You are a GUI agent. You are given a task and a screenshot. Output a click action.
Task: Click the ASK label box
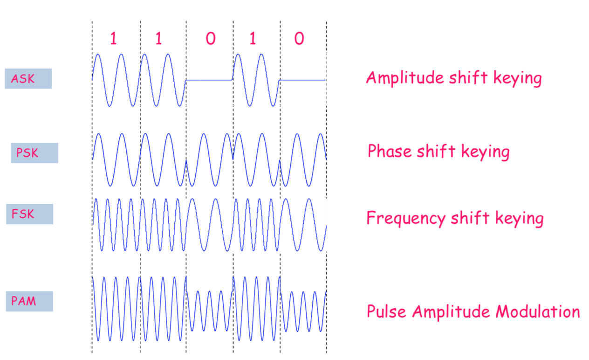coord(28,78)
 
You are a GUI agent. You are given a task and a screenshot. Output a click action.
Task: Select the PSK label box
coord(34,152)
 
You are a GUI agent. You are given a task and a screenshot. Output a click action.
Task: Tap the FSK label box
coord(29,214)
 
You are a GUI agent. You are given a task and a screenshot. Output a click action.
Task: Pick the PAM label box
coord(29,301)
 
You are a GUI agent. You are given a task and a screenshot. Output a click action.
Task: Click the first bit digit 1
coord(113,39)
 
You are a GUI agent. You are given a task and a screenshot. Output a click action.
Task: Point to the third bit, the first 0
coord(210,39)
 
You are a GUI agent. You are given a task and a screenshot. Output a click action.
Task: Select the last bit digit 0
coord(299,39)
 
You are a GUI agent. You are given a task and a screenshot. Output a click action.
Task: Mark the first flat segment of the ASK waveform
coord(209,80)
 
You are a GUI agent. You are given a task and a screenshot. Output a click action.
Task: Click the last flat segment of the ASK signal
coord(302,80)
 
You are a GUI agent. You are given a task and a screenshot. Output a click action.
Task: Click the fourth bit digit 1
coord(253,39)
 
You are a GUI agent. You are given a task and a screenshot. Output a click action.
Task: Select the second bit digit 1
coord(158,39)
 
